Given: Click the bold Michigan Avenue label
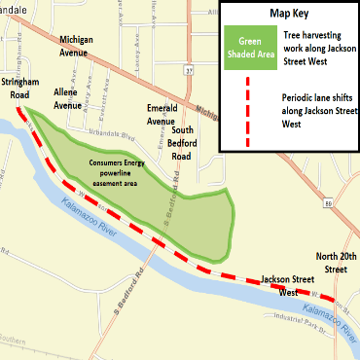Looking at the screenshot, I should (x=81, y=45).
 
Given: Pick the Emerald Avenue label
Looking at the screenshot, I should (x=161, y=115).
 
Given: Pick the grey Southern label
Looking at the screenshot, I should (x=15, y=341).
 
